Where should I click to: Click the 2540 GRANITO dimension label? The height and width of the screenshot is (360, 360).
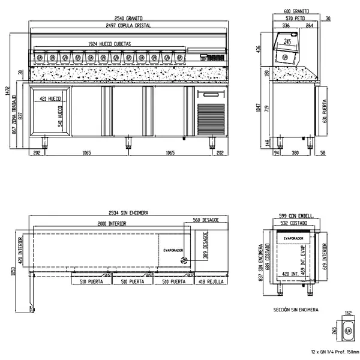(x=127, y=19)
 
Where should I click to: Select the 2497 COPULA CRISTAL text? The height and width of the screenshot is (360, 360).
(x=127, y=26)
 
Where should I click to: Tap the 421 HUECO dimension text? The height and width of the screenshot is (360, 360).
(x=50, y=98)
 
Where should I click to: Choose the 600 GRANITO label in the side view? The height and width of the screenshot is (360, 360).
(x=296, y=11)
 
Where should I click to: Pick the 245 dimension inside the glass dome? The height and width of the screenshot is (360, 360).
(x=289, y=42)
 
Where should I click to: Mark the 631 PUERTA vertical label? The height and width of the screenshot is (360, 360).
(x=325, y=110)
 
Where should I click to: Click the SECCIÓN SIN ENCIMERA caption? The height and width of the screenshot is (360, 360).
(x=296, y=310)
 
